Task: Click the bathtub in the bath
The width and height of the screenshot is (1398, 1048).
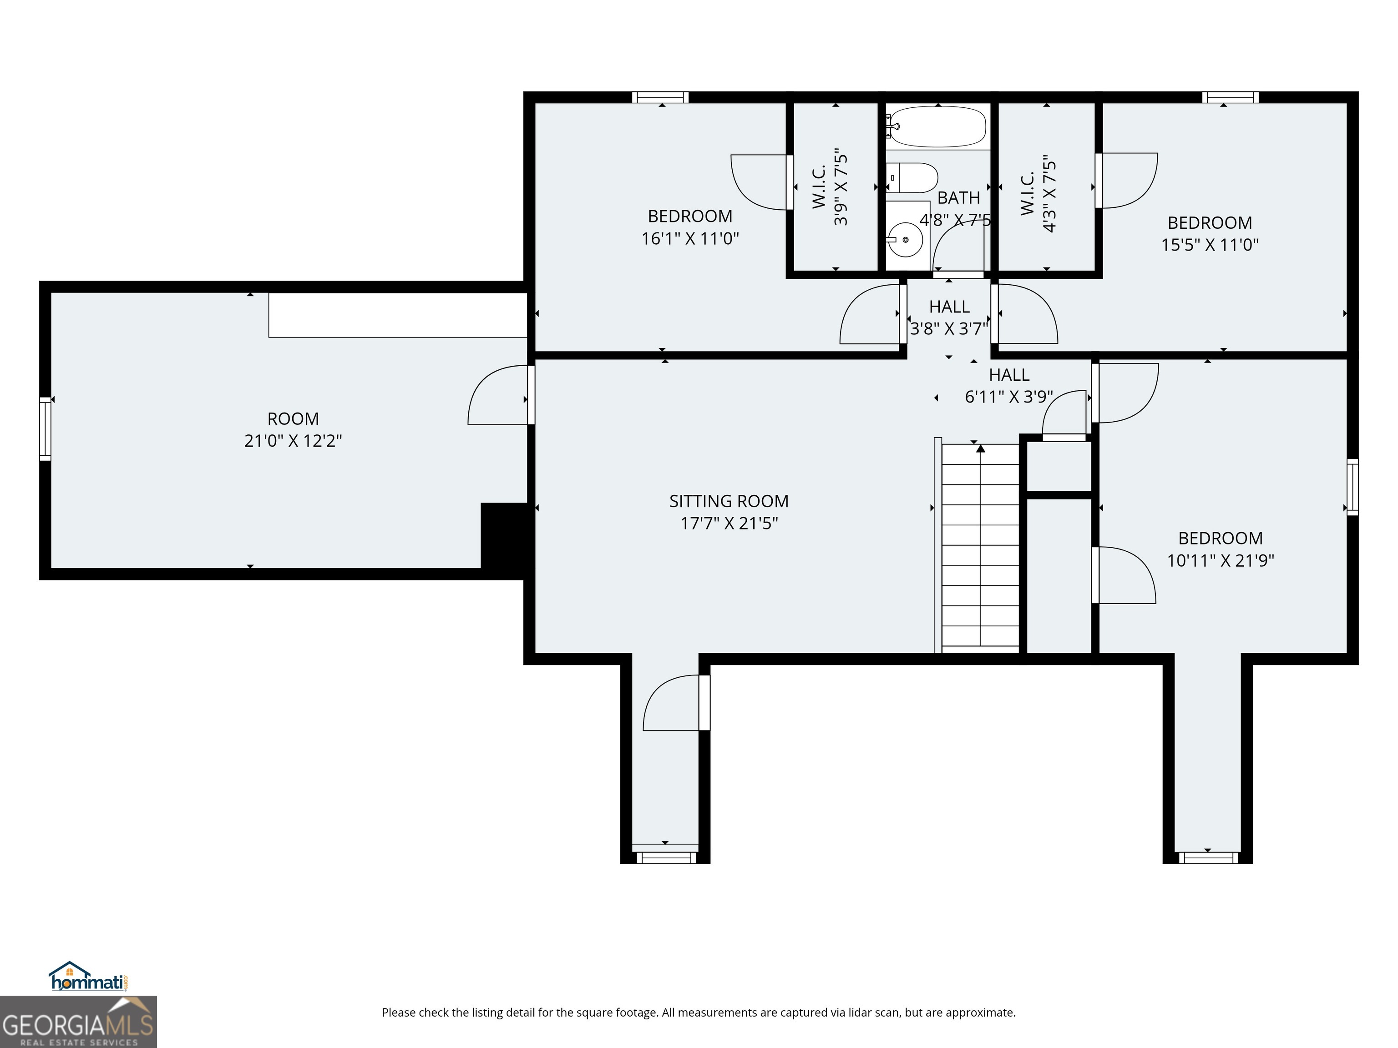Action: coord(937,126)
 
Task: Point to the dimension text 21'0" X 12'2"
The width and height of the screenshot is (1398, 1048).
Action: coord(293,441)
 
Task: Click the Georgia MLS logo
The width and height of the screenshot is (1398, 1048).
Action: coord(78,1022)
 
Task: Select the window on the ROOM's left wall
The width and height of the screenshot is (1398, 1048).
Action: coord(45,428)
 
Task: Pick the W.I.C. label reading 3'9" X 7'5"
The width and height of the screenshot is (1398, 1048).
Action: coord(831,187)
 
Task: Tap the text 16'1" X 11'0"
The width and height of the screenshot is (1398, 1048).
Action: coord(690,239)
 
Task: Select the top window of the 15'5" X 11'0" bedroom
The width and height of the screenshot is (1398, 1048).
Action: coord(1230,97)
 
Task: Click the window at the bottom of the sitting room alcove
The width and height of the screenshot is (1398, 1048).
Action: coord(665,857)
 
